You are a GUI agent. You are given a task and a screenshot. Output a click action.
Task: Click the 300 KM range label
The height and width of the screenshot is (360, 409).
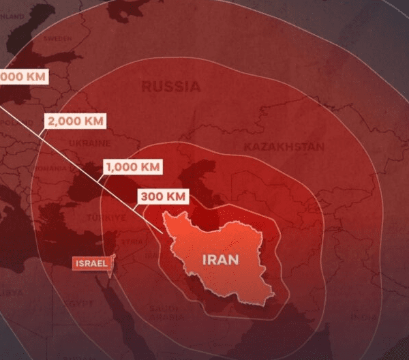162,197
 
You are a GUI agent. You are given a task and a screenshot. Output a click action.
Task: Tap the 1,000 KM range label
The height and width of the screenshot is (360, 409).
133,166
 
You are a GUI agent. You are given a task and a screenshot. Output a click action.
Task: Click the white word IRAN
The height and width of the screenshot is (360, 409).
219,259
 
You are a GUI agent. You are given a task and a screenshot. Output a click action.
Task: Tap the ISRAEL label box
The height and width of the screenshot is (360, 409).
90,262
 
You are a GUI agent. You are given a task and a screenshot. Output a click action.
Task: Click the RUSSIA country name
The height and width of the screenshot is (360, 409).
171,87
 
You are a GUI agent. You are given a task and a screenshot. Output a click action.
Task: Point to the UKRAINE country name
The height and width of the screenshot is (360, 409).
89,143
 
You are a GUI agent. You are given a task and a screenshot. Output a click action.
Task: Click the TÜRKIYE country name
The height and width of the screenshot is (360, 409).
105,217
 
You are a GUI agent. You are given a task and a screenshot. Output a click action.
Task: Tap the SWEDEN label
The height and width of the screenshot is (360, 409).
57,39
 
